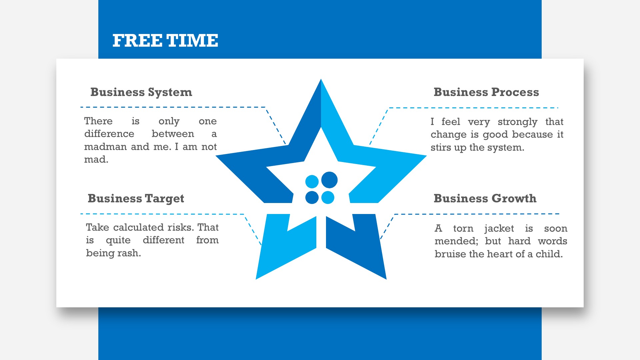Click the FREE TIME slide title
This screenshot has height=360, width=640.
tap(165, 41)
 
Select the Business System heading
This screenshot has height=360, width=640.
tap(141, 92)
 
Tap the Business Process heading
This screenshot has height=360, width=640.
tap(486, 92)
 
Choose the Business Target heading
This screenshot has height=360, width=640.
tap(136, 199)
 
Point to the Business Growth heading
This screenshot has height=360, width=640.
tap(485, 198)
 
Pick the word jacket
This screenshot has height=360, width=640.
tap(499, 229)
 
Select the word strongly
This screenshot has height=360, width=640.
tap(517, 122)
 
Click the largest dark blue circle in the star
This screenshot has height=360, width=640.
tap(329, 180)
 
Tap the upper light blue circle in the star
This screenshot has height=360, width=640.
tap(312, 182)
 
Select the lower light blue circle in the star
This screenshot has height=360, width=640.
tap(328, 197)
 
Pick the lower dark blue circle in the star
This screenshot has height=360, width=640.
tap(312, 197)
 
